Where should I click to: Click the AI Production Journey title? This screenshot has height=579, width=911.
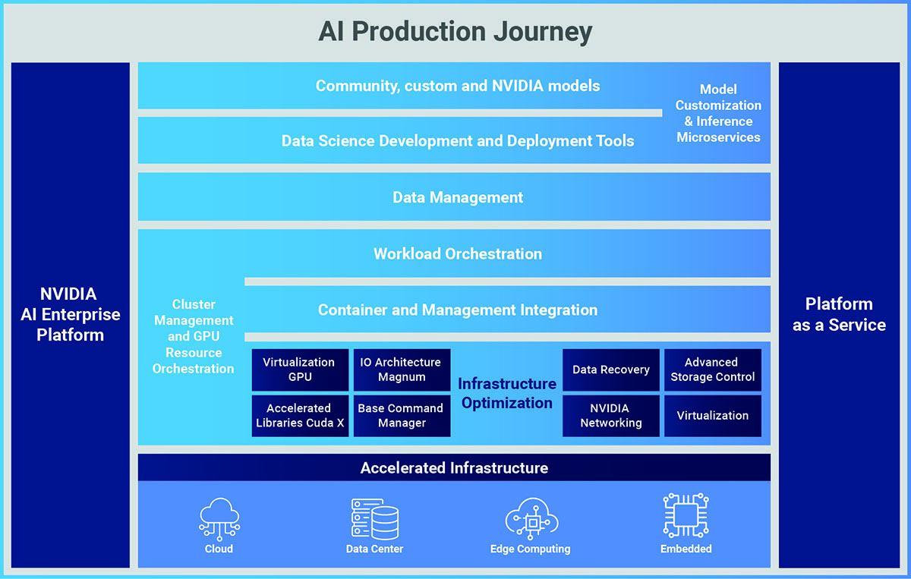(x=455, y=31)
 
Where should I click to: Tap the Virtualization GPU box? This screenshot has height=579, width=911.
(x=300, y=370)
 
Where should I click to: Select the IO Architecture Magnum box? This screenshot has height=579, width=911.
(x=402, y=370)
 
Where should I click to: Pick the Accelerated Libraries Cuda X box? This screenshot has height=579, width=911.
(x=300, y=416)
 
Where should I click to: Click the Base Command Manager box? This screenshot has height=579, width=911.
(x=402, y=416)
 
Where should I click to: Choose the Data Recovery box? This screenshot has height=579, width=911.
(x=611, y=370)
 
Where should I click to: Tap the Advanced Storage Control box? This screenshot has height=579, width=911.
(x=713, y=370)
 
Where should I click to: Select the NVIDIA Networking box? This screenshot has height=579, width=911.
(x=611, y=416)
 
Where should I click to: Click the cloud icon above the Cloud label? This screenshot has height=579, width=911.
(x=219, y=519)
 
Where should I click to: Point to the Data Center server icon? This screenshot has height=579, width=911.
(x=374, y=519)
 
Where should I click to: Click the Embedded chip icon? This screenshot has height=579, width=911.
(x=686, y=515)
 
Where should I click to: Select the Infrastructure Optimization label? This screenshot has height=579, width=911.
(x=507, y=393)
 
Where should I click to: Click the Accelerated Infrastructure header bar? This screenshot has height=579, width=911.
(x=454, y=467)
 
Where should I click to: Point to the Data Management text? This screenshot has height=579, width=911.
(x=458, y=197)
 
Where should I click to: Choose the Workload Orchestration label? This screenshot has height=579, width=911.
(x=458, y=253)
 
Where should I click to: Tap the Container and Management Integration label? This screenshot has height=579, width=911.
(x=458, y=310)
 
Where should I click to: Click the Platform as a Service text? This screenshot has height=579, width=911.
(x=839, y=314)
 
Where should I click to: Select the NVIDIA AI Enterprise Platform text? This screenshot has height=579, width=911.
(x=70, y=314)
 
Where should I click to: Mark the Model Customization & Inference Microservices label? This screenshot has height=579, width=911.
(x=718, y=113)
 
